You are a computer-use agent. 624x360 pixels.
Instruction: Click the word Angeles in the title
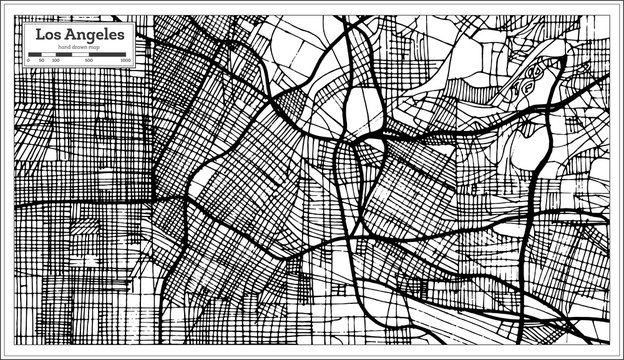(94, 35)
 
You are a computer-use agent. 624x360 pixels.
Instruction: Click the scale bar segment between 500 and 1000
(108, 56)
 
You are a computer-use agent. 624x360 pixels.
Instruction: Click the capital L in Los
(38, 34)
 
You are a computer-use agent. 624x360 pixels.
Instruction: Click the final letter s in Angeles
(122, 35)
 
